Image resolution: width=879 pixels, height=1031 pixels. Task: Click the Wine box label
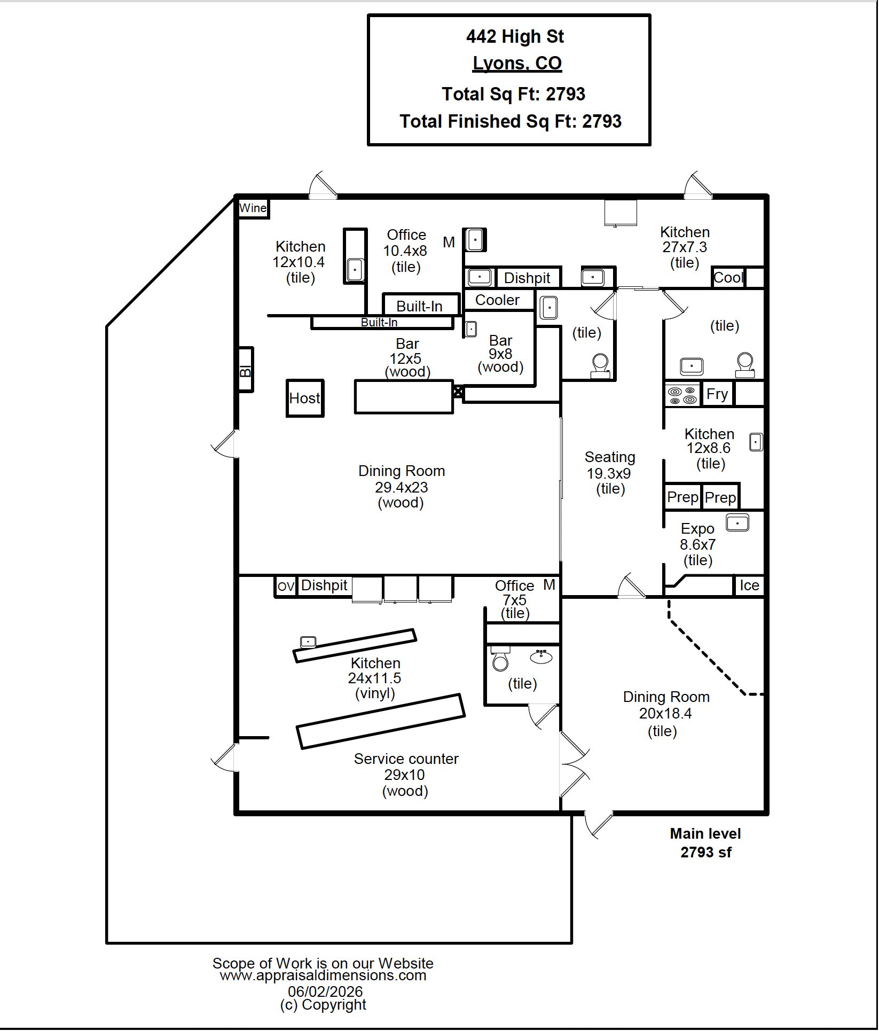pos(253,208)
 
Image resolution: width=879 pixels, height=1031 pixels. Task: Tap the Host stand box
pos(305,398)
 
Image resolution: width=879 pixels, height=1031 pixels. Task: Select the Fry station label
pos(717,394)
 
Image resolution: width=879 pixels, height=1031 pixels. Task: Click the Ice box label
pos(749,585)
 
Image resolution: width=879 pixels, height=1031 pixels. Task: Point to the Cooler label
pos(497,300)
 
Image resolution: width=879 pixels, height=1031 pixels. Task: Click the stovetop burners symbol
pos(682,395)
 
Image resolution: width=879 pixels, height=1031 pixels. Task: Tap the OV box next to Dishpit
pos(286,587)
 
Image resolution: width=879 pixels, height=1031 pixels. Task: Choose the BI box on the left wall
pos(245,370)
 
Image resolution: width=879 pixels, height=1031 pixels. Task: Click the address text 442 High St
pos(515,36)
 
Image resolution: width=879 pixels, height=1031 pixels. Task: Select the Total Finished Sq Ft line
pos(511,121)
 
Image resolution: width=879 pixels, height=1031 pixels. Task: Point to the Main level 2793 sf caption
pos(705,843)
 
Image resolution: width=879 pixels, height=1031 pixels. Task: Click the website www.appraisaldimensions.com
pos(323,975)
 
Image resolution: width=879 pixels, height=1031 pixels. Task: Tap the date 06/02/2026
pos(325,991)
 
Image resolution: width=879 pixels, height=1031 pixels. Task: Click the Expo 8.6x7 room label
pos(697,544)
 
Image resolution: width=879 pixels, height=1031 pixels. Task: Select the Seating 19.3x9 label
pos(610,473)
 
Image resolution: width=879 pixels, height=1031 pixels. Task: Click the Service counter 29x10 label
pos(406,775)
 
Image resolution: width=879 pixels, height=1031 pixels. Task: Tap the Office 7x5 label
pos(515,599)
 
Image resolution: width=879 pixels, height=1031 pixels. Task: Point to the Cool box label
pos(728,277)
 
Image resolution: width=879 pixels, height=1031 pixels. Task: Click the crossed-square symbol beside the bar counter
pos(458,392)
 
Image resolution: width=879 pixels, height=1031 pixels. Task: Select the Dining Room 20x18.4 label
pos(666,713)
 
